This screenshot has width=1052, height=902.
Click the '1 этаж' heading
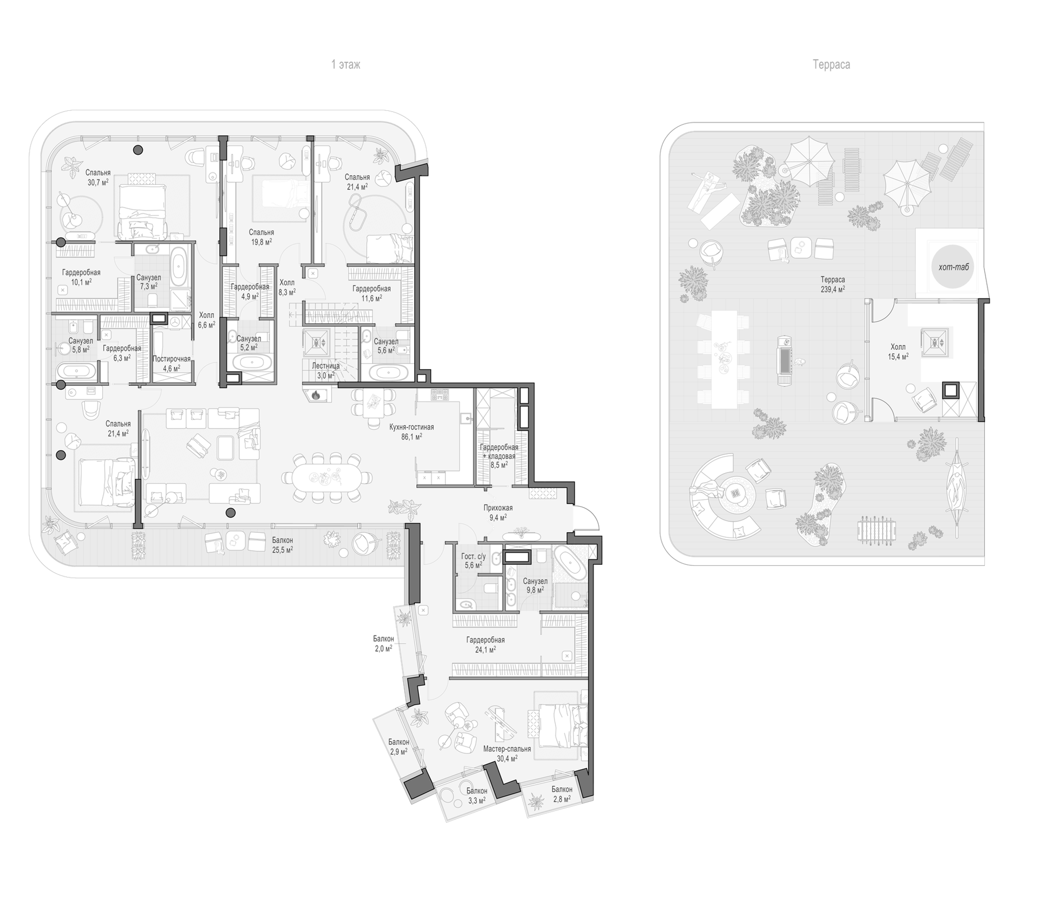[346, 65]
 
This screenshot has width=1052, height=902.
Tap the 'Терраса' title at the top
[831, 65]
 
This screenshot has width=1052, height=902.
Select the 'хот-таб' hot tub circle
[952, 267]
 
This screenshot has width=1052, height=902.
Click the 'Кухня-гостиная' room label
[412, 427]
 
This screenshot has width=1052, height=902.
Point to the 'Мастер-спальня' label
[506, 749]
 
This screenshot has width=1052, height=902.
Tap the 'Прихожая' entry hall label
[498, 507]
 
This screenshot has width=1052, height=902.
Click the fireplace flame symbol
[315, 394]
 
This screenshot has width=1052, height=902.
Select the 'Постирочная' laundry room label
[172, 359]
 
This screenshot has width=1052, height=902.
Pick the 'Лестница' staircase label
[326, 365]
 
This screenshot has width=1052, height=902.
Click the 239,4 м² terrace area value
[833, 289]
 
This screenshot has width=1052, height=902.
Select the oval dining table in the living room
[327, 477]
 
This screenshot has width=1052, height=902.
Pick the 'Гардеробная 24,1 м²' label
[485, 644]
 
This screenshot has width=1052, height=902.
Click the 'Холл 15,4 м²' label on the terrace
[898, 351]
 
